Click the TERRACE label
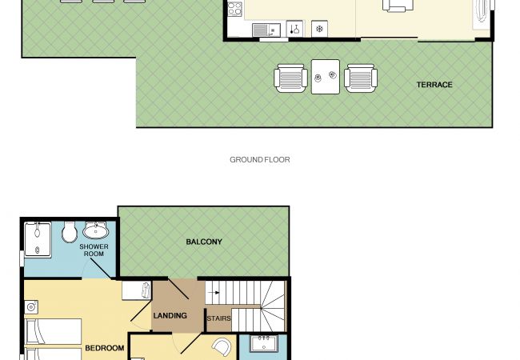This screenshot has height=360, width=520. [x=434, y=85]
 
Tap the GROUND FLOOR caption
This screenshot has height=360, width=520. [x=260, y=160]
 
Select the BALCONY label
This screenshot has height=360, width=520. [x=204, y=242]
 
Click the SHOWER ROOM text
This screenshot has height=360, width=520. [x=94, y=250]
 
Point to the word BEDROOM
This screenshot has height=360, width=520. [x=105, y=348]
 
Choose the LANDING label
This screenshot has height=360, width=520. [x=170, y=315]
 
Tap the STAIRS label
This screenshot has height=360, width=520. [x=219, y=318]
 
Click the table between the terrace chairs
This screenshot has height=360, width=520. [x=326, y=77]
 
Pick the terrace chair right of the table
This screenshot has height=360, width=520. [x=361, y=78]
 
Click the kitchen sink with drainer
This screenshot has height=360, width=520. [x=266, y=30]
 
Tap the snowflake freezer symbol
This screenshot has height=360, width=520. [x=320, y=29]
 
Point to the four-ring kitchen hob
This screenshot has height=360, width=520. [x=235, y=9]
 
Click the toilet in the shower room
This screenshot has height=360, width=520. [x=70, y=231]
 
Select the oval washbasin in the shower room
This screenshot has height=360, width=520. [x=95, y=230]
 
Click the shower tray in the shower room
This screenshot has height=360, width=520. [x=38, y=239]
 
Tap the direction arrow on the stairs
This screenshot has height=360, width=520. [x=215, y=293]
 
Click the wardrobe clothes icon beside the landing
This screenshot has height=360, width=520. [x=146, y=290]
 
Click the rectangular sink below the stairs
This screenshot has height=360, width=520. [x=264, y=344]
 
